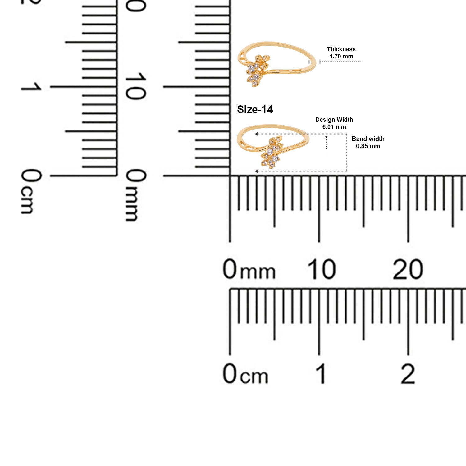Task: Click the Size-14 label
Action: (x=255, y=109)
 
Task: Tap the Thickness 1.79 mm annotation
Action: (x=341, y=53)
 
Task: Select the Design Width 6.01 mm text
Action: (x=334, y=123)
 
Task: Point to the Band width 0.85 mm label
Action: (x=368, y=143)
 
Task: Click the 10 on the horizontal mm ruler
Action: (x=322, y=269)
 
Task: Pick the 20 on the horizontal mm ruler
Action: (x=408, y=269)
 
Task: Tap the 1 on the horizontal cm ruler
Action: (x=322, y=373)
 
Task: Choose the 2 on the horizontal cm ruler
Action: (x=408, y=373)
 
